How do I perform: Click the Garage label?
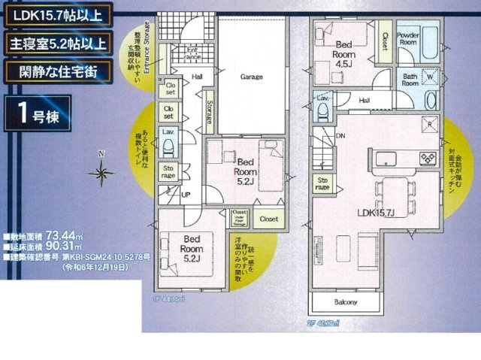pyautogui.click(x=251, y=77)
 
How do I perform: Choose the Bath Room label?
pyautogui.click(x=410, y=79)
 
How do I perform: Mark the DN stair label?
pyautogui.click(x=340, y=136)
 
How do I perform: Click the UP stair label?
pyautogui.click(x=185, y=194)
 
